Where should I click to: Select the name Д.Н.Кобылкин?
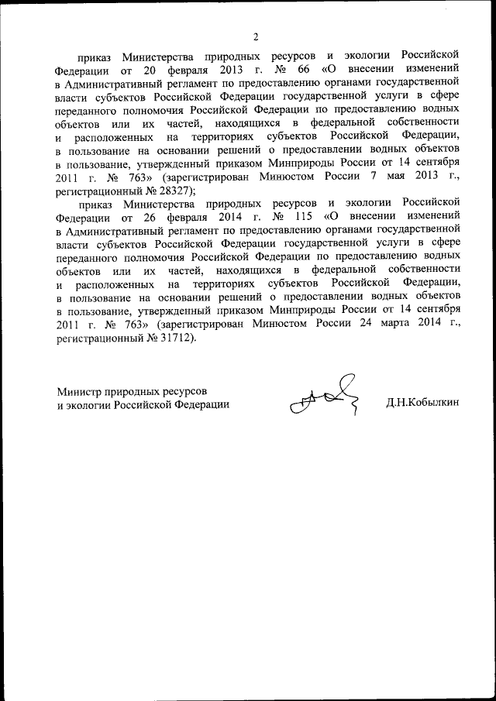pyautogui.click(x=423, y=404)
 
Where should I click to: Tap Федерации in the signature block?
pyautogui.click(x=201, y=404)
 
